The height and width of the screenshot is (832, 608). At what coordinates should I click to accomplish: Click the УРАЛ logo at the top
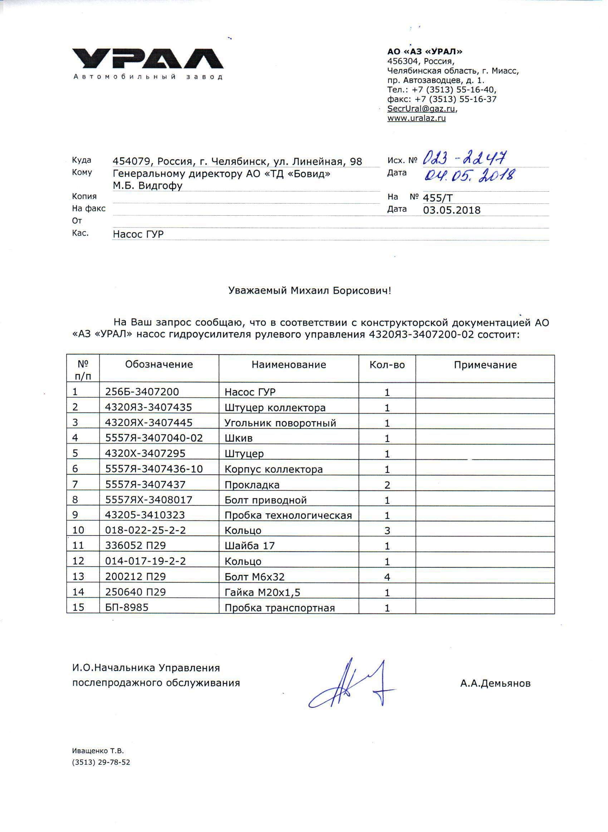pos(148,59)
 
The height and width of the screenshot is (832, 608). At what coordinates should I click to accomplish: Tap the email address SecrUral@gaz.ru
pos(422,109)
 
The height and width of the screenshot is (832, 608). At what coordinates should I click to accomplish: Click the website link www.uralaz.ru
pos(416,118)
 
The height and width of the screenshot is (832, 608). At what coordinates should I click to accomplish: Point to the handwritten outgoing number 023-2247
pos(465,158)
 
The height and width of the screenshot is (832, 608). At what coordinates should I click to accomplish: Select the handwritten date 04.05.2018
pos(469,175)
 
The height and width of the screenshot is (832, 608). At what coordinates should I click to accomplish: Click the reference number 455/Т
pos(438,198)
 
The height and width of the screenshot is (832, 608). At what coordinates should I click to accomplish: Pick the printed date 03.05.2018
pos(452,210)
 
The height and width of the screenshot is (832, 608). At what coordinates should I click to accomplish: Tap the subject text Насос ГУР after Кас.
pos(138,234)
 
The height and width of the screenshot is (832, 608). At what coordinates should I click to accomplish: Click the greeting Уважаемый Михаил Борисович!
pos(309,291)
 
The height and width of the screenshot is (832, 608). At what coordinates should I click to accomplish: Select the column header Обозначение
pos(159,364)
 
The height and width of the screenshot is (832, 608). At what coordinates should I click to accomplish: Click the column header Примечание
pos(485,365)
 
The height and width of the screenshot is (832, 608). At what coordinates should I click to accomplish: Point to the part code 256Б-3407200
pos(142,392)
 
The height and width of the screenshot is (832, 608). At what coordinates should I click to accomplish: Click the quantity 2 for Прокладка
pos(387,485)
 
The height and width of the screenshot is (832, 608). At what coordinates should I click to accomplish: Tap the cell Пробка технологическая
pos(288,515)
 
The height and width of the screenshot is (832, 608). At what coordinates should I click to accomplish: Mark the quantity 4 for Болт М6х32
pos(387,577)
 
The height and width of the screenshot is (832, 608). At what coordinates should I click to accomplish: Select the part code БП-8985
pos(127,607)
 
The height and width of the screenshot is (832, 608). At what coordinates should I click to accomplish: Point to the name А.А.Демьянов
pos(495,684)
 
